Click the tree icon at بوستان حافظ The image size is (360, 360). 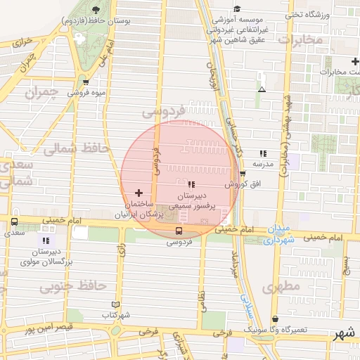[x=96, y=9]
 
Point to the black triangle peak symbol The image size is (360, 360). [x=262, y=89]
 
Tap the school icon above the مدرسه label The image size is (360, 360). [x=263, y=153]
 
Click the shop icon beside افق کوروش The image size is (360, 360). [x=243, y=174]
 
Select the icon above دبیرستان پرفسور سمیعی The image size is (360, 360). [x=191, y=184]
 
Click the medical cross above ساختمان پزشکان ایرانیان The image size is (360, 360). [x=138, y=192]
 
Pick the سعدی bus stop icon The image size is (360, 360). [x=14, y=221]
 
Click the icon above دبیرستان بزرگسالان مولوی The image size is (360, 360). [x=46, y=240]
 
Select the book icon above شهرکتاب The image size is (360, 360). [x=116, y=304]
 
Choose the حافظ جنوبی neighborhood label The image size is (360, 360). [x=72, y=286]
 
